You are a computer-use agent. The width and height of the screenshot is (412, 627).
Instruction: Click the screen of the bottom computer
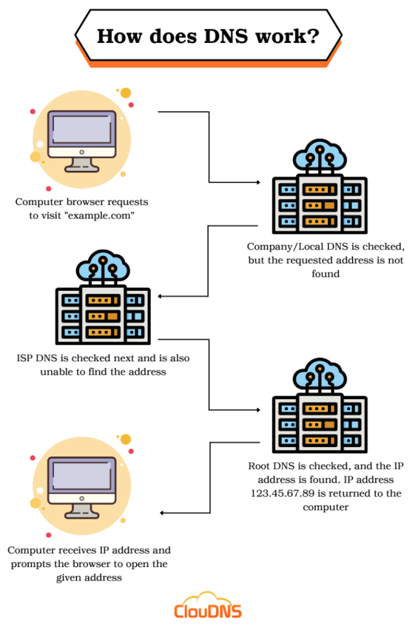click(x=81, y=475)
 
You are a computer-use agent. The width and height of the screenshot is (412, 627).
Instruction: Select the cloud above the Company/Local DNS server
click(x=320, y=154)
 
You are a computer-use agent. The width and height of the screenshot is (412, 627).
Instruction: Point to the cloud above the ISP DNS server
click(x=103, y=265)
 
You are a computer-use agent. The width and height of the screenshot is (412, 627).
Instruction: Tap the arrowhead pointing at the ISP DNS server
click(x=161, y=297)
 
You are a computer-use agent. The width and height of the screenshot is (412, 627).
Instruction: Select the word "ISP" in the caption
click(x=26, y=358)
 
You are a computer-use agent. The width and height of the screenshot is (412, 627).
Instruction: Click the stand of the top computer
click(x=81, y=164)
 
